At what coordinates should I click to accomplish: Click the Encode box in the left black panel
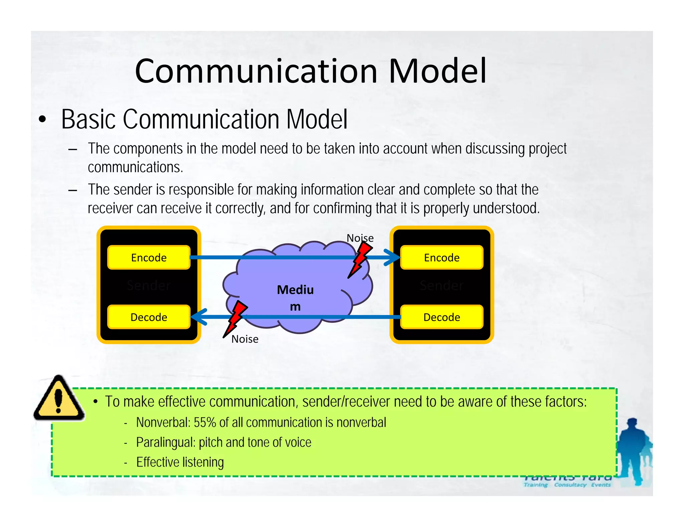(149, 257)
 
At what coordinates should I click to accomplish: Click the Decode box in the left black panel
(149, 317)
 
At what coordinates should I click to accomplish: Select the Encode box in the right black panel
(442, 257)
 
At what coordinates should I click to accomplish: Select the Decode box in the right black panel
(442, 317)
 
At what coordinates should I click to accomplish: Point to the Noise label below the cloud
(245, 339)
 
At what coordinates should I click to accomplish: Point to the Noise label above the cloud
(360, 238)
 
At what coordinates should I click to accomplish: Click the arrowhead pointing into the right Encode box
(393, 257)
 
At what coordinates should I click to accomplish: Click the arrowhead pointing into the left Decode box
(199, 317)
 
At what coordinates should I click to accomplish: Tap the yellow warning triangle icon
(59, 399)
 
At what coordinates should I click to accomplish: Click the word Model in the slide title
(438, 71)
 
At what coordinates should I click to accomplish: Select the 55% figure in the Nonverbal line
(205, 423)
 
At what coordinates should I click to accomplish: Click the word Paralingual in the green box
(165, 443)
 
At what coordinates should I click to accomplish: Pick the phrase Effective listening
(180, 462)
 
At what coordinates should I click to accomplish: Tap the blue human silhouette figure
(633, 451)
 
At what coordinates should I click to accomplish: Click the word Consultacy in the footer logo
(570, 485)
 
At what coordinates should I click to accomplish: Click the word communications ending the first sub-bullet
(135, 167)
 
